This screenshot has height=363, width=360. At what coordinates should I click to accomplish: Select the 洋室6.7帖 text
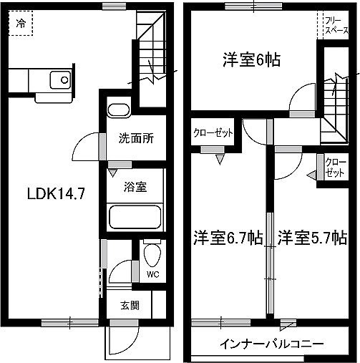pyautogui.click(x=228, y=238)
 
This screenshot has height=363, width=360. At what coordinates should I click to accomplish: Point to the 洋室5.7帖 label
pyautogui.click(x=313, y=238)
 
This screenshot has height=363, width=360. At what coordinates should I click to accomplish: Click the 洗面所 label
pyautogui.click(x=136, y=139)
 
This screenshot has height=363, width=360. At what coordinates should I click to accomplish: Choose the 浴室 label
pyautogui.click(x=135, y=188)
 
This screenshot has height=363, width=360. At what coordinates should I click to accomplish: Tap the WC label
pyautogui.click(x=152, y=274)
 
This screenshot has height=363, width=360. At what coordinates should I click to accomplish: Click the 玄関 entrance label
pyautogui.click(x=129, y=305)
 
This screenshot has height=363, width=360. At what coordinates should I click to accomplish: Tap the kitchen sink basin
pyautogui.click(x=57, y=77)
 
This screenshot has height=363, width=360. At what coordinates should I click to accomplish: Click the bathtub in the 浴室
pyautogui.click(x=135, y=216)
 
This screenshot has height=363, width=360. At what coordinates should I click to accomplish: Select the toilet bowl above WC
pyautogui.click(x=152, y=253)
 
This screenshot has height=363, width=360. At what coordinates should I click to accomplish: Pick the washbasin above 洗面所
pyautogui.click(x=119, y=110)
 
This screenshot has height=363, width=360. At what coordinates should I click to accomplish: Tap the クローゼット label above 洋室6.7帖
pyautogui.click(x=212, y=132)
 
